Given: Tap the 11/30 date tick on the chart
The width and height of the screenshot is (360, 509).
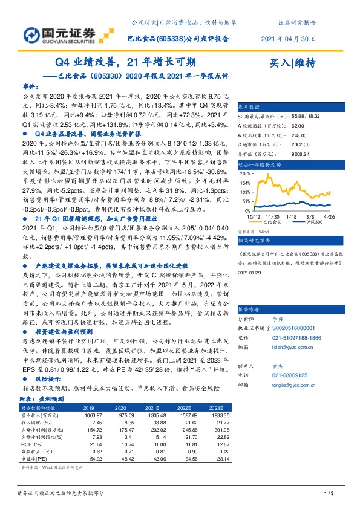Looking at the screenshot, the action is click(272, 216).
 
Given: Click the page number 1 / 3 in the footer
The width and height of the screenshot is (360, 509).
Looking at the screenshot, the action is click(330, 495).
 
